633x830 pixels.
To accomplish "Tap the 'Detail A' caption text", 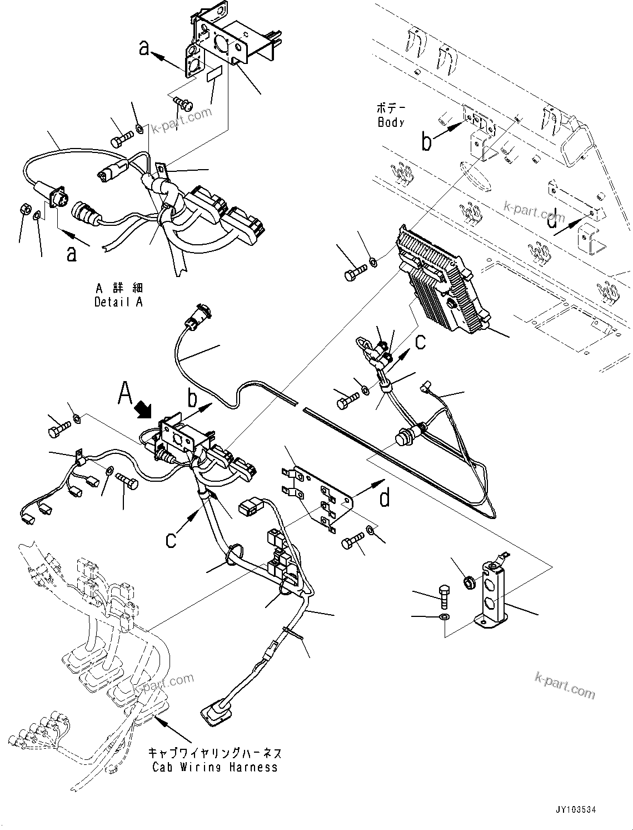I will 118,302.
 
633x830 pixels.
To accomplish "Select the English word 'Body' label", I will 391,122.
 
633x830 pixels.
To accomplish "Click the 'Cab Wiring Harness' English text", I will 215,767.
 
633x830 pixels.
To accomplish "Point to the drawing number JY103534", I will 572,811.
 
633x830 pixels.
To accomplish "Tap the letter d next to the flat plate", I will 385,498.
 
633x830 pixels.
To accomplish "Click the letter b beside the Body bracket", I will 426,142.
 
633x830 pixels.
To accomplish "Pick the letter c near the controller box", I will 421,341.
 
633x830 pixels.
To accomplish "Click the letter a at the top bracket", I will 144,48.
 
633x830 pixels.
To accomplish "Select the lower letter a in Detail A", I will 72,254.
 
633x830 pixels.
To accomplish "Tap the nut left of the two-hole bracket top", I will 469,582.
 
